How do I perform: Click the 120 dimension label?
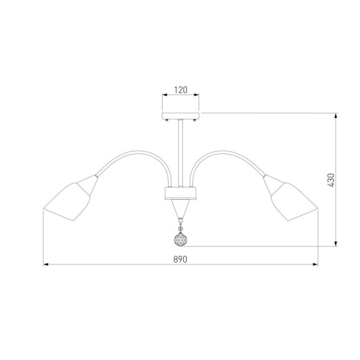(x=181, y=90)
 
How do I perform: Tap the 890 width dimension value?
(x=180, y=259)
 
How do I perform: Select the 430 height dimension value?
(x=331, y=180)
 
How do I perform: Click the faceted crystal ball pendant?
(x=181, y=239)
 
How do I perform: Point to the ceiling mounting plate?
(x=181, y=115)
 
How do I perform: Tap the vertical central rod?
(x=181, y=153)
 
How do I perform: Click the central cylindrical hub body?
(x=181, y=193)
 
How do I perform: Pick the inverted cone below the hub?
(x=181, y=209)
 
